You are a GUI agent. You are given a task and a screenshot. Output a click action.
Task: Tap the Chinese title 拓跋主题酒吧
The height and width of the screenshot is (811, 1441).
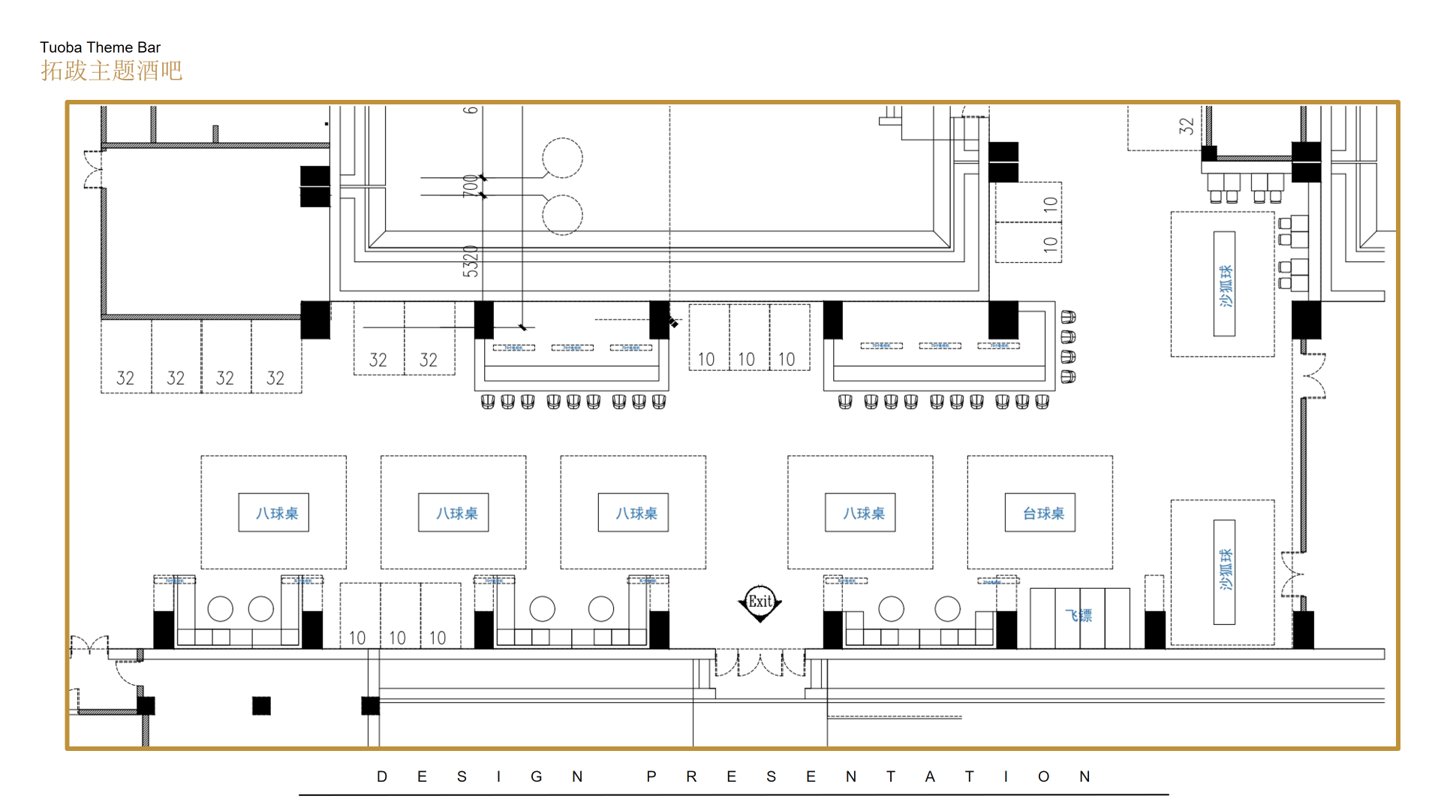[x=111, y=71]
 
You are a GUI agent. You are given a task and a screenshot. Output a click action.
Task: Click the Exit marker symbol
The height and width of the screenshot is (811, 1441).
[x=760, y=602]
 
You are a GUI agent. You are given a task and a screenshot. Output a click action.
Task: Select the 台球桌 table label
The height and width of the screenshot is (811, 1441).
[x=1043, y=514]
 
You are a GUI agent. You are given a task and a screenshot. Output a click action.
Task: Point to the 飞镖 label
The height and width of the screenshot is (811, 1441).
[x=1078, y=616]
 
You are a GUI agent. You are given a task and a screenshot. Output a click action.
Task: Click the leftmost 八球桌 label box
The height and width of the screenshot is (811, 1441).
[x=276, y=514]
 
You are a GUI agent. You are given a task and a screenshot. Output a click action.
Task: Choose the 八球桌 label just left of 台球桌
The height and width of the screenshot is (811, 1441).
[x=863, y=514]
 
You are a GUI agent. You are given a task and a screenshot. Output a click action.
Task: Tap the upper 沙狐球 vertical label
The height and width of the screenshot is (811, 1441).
[x=1225, y=285]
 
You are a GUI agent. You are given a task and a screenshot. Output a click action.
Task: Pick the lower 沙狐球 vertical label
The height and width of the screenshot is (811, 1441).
[x=1225, y=571]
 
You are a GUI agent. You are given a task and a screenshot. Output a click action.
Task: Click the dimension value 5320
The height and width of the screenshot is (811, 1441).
[x=471, y=261]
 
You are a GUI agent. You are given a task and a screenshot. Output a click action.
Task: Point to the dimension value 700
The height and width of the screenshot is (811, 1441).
[x=471, y=185]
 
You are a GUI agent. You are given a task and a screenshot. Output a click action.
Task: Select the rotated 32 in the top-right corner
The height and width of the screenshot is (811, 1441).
[x=1186, y=125]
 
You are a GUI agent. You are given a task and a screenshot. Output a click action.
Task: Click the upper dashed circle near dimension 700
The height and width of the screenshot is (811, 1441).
[x=562, y=158]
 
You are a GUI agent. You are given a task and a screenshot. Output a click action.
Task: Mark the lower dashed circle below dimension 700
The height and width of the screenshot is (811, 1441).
[x=562, y=215]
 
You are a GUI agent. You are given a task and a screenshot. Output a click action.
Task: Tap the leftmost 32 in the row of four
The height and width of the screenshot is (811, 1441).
[x=125, y=378]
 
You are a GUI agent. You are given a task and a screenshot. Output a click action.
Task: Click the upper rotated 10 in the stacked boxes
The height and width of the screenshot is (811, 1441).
[x=1050, y=204]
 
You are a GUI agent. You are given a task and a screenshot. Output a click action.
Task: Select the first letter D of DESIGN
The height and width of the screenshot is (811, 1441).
[x=382, y=777]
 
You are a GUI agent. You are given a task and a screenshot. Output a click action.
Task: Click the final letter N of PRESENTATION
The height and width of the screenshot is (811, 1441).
[x=1085, y=777]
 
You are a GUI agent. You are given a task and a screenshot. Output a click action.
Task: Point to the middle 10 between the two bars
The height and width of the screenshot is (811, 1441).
[x=746, y=360]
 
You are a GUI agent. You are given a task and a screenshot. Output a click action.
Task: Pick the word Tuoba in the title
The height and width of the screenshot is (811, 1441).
[x=61, y=47]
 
